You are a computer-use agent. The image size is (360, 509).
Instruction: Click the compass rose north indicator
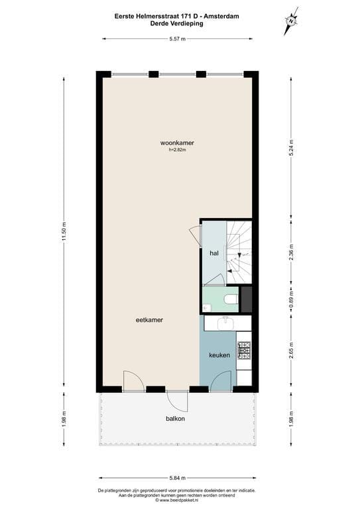[290, 22]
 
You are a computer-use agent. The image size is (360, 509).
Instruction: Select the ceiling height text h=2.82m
[178, 150]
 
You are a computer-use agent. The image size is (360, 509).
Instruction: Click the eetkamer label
[149, 319]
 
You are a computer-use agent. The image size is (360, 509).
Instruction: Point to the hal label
[214, 253]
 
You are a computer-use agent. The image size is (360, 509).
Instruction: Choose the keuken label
[219, 356]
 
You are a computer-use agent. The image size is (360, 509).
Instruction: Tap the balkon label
[176, 419]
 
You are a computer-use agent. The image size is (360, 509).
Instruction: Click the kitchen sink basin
[225, 322]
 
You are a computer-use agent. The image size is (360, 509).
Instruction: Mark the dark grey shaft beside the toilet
[247, 299]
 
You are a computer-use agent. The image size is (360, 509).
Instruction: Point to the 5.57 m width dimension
[177, 39]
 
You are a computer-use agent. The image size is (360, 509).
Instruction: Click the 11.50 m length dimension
[64, 231]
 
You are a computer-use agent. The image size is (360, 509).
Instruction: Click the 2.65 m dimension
[291, 350]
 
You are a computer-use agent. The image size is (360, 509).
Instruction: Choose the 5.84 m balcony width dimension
[177, 477]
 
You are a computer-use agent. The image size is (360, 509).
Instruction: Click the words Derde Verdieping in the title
[177, 23]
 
